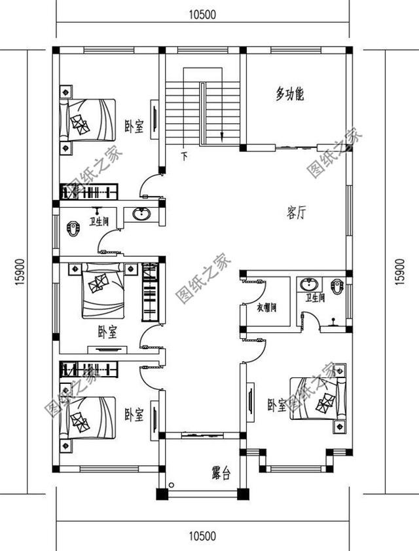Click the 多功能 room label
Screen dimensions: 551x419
click(x=289, y=94)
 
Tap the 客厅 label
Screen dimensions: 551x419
click(x=296, y=214)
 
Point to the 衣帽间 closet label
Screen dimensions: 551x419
click(x=265, y=307)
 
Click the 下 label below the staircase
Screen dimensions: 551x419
click(x=184, y=156)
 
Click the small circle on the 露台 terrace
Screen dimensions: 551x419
click(x=171, y=485)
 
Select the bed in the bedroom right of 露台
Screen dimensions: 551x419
click(x=316, y=398)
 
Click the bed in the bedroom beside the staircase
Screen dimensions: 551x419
click(x=86, y=119)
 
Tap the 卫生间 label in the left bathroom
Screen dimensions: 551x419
click(x=100, y=222)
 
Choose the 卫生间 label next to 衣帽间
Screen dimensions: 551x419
click(x=314, y=298)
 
